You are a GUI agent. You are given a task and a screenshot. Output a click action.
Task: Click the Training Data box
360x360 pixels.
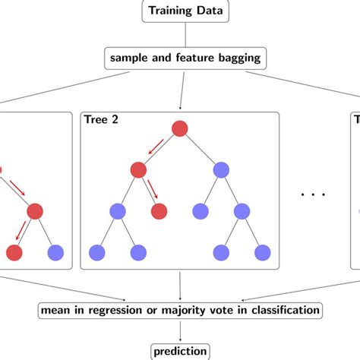tap(179, 12)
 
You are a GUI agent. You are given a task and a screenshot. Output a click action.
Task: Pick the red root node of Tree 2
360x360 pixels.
tap(180, 129)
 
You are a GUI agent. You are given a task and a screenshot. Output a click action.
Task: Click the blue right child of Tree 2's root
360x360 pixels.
tap(221, 170)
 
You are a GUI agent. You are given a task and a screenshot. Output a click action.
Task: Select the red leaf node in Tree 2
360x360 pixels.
tap(159, 211)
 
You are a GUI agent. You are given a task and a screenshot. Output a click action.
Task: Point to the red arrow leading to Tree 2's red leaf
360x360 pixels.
tap(152, 190)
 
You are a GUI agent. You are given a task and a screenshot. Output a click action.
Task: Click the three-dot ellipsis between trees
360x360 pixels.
tap(313, 194)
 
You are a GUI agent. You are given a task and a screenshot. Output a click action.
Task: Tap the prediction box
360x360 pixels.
tap(179, 351)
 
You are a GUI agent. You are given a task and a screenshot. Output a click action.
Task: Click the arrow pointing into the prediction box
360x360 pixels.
tap(179, 331)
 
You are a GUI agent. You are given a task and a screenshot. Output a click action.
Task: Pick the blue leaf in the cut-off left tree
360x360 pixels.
tap(55, 252)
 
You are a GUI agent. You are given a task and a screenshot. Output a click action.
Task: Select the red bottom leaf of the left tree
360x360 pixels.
tap(14, 252)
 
